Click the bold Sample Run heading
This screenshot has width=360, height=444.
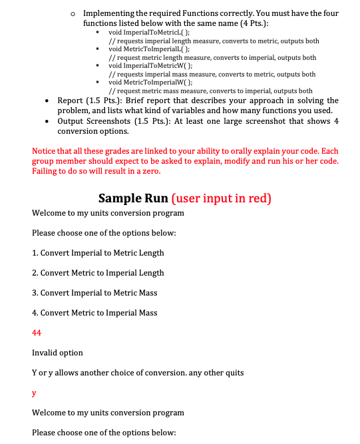click(x=132, y=198)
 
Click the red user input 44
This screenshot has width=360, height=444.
click(x=37, y=333)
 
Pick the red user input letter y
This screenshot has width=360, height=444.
click(x=34, y=393)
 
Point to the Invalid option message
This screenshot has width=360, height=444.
click(x=57, y=353)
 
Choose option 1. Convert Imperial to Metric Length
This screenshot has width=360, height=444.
click(x=98, y=253)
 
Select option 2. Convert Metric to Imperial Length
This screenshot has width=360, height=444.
click(x=98, y=273)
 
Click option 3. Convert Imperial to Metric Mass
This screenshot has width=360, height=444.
click(x=94, y=293)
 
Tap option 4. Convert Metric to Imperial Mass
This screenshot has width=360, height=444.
click(x=94, y=313)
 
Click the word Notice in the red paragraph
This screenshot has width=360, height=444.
click(x=45, y=151)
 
